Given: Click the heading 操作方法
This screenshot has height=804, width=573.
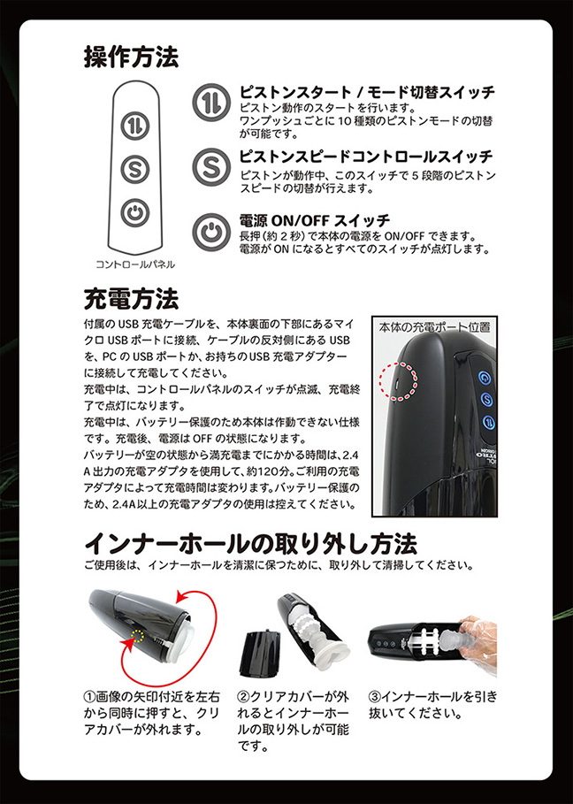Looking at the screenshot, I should point(131,57).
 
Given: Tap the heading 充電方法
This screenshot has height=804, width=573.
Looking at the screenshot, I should point(131,295).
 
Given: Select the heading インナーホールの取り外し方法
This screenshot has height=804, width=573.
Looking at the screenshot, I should point(250,540).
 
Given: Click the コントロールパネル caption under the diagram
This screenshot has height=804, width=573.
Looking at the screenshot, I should point(135,264).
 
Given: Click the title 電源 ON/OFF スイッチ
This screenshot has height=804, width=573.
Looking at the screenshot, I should point(315,219).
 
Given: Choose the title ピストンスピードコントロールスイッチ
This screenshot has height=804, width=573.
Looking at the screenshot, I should point(366,157).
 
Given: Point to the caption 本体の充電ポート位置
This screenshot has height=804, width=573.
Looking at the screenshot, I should point(434,326).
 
